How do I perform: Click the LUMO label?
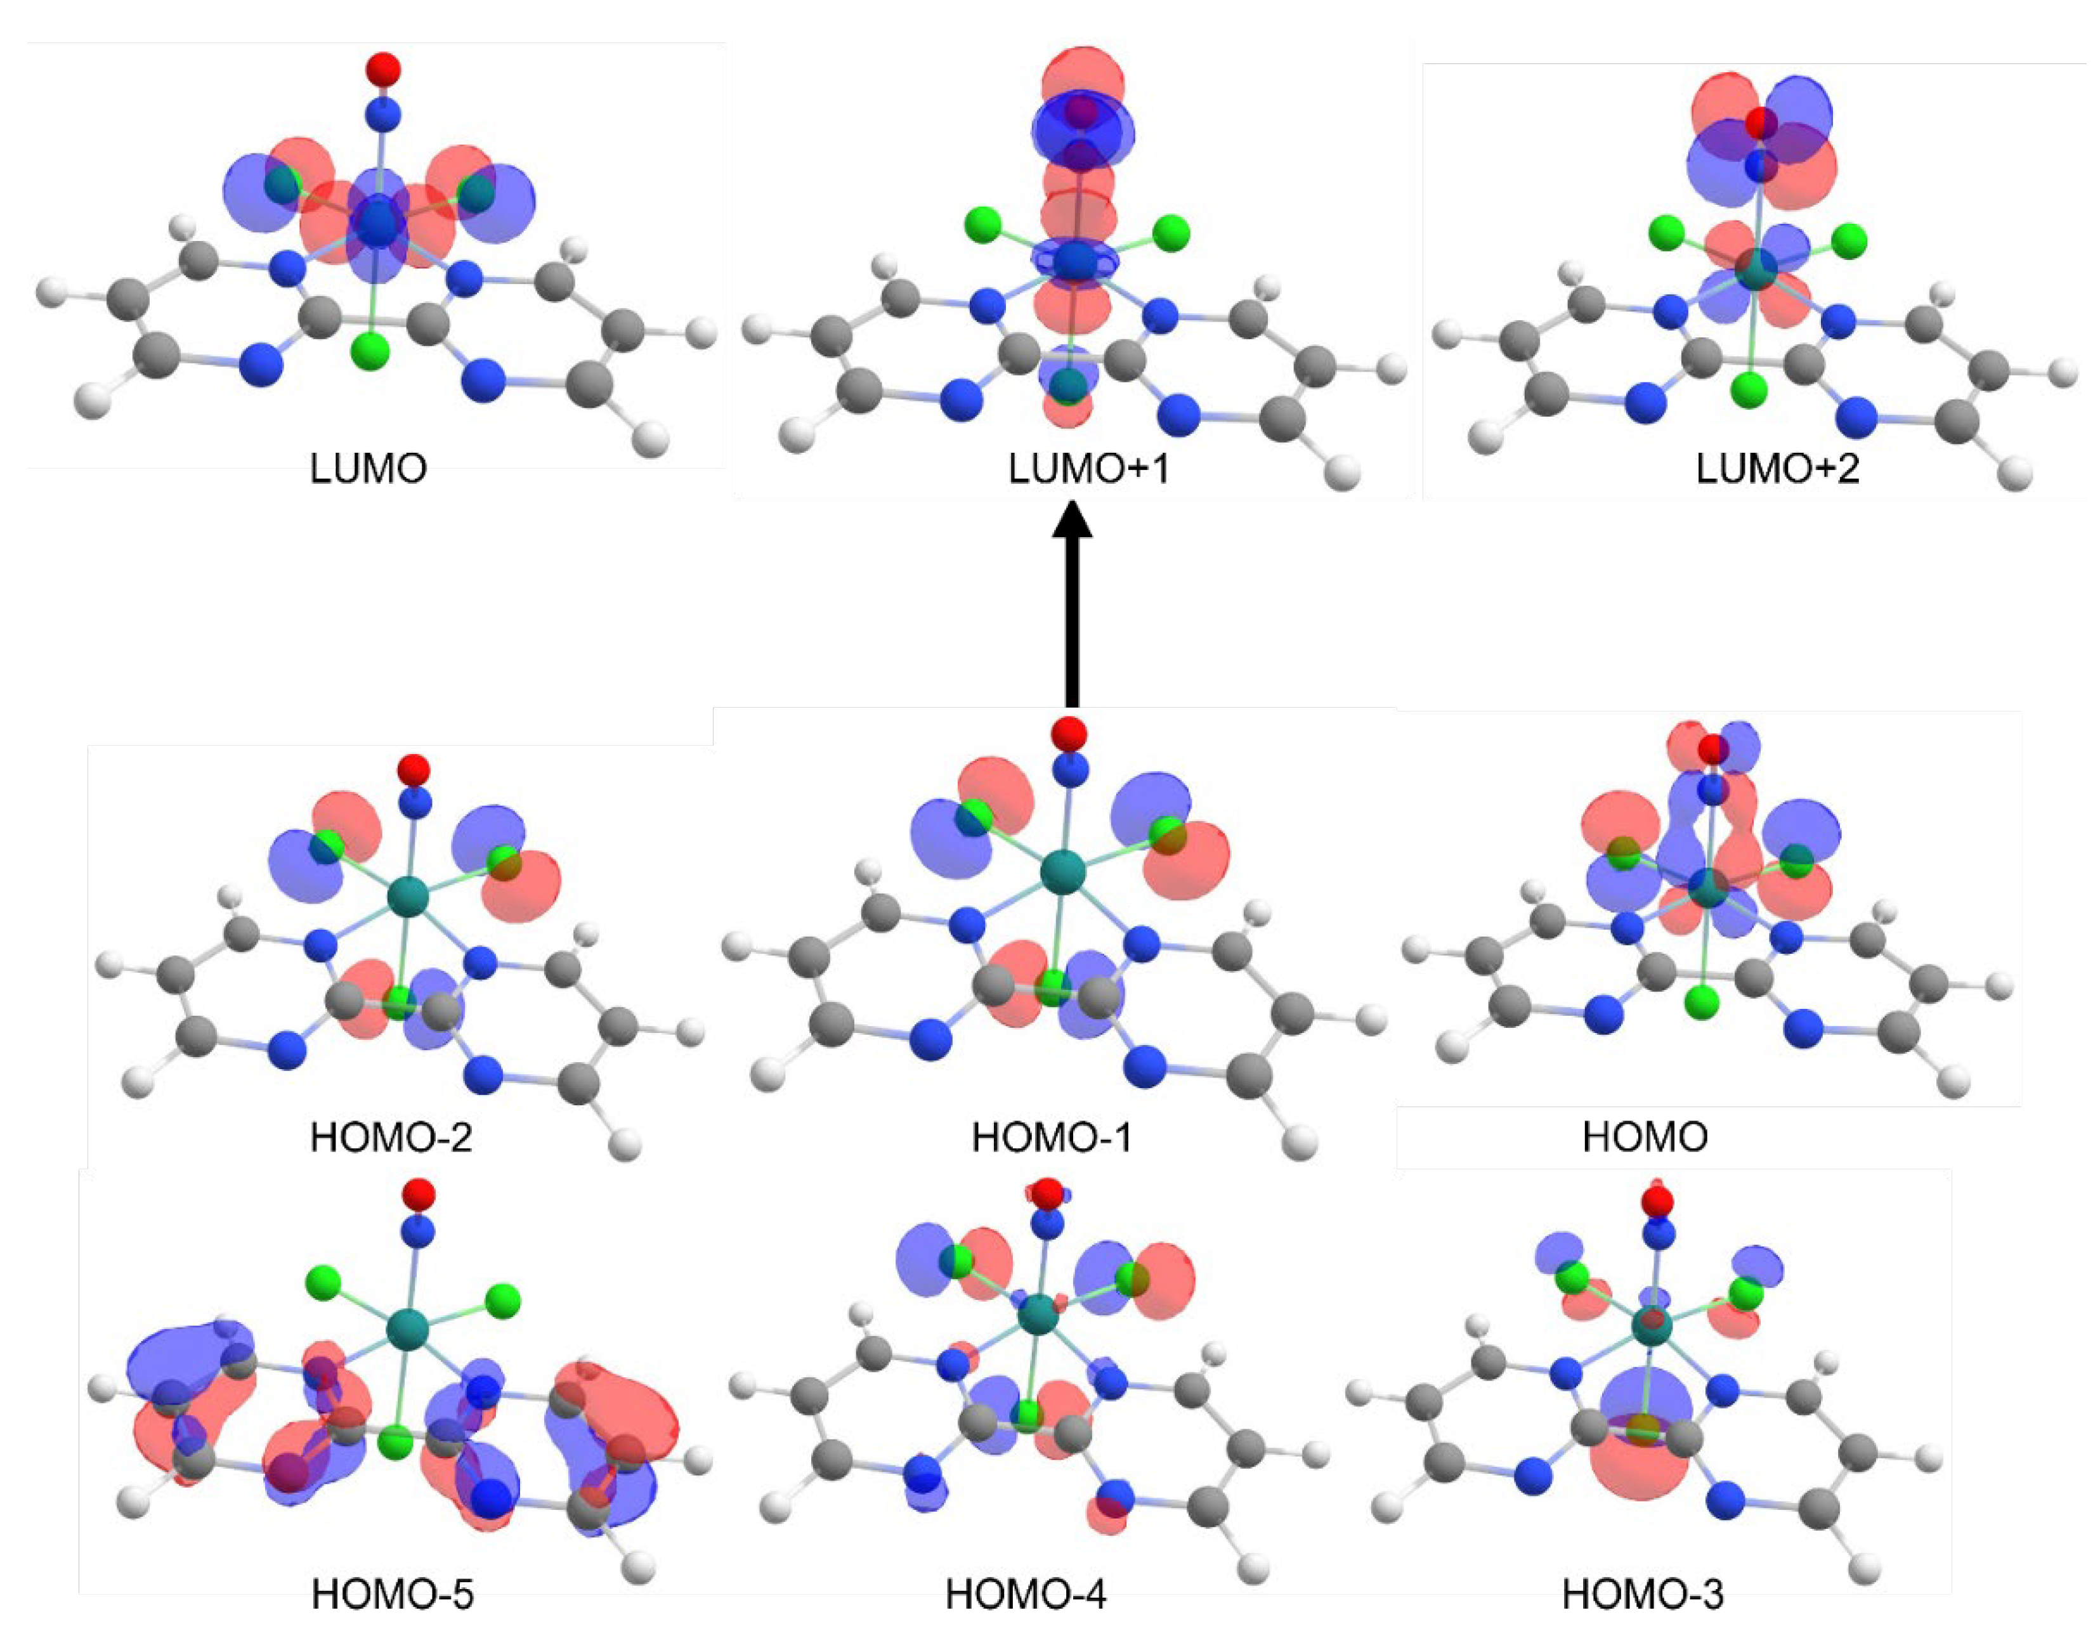tap(368, 469)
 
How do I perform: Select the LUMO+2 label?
tap(1778, 469)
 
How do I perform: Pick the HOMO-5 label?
tap(393, 1595)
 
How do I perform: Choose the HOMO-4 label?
tap(1026, 1595)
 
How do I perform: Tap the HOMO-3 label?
tap(1643, 1595)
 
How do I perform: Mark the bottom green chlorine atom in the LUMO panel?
tap(370, 350)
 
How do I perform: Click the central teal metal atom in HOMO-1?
tap(1062, 873)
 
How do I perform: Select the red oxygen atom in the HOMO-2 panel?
tap(414, 770)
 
